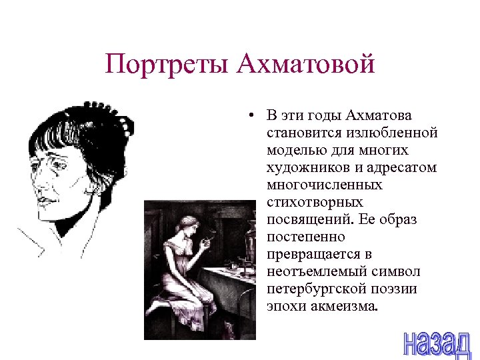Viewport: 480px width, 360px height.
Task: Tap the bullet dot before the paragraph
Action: pyautogui.click(x=247, y=116)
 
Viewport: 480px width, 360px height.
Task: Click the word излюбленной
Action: pyautogui.click(x=397, y=133)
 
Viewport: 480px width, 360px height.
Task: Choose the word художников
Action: pyautogui.click(x=305, y=167)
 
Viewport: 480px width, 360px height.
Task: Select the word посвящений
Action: pyautogui.click(x=310, y=219)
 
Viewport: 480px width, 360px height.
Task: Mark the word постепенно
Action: pyautogui.click(x=306, y=237)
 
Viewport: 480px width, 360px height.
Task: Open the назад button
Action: pyautogui.click(x=437, y=341)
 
